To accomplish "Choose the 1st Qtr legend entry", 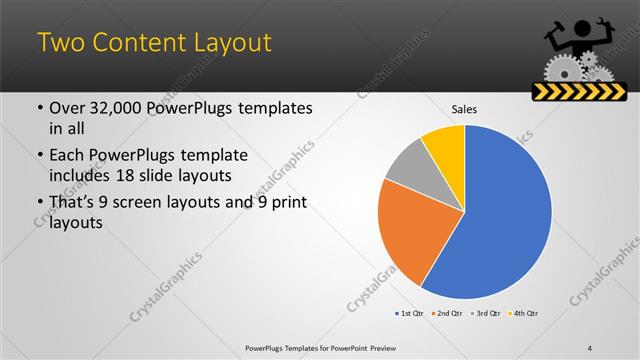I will point(409,314).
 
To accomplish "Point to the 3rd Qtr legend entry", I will point(485,314).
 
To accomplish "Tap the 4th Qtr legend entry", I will point(522,314).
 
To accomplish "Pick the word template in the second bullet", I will point(209,156).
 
